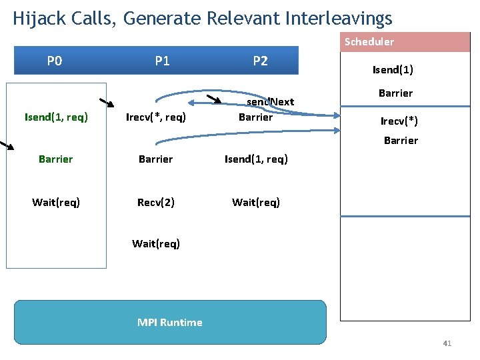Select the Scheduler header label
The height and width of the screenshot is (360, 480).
pos(369,42)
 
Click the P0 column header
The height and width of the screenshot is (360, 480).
pos(55,61)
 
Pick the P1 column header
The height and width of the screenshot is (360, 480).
pos(162,61)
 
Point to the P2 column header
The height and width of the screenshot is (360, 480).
pos(260,61)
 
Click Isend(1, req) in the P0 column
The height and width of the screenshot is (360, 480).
pos(56,118)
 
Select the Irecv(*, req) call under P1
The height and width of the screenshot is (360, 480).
pos(156,118)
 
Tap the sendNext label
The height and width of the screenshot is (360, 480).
pos(271,102)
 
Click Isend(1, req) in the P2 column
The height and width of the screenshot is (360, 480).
pos(256,159)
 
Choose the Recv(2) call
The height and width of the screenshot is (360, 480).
pos(155,202)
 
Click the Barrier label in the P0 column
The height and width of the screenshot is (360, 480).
pos(56,159)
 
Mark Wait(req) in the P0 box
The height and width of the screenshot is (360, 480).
pos(56,202)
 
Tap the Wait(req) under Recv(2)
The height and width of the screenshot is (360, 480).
pos(155,243)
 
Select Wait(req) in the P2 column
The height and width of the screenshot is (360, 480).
pos(256,202)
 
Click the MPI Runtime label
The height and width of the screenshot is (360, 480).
pos(169,323)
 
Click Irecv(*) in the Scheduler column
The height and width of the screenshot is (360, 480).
pos(399,121)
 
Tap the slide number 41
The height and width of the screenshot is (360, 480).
pos(447,344)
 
